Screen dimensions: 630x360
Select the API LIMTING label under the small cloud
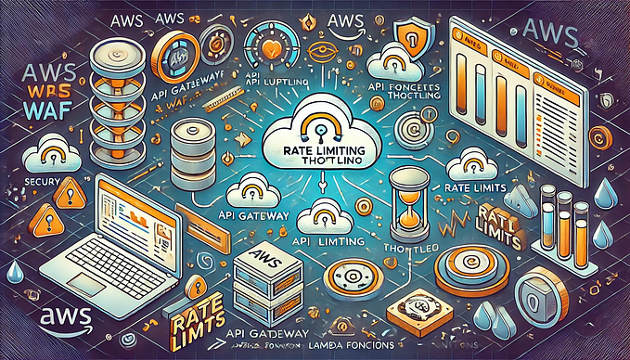click(x=320, y=238)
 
